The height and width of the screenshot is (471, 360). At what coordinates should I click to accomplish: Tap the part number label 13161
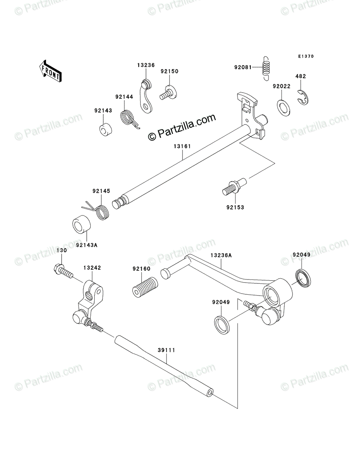coord(183,146)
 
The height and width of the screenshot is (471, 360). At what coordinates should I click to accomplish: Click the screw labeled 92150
coord(167,93)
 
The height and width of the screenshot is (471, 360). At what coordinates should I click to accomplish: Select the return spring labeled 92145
coord(100,211)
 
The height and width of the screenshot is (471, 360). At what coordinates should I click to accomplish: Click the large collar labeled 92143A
coord(81,225)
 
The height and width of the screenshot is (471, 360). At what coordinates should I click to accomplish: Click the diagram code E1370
coord(305,57)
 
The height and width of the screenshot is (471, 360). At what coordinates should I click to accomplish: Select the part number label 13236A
coord(221,255)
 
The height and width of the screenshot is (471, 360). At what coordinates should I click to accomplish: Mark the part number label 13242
coord(92,268)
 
